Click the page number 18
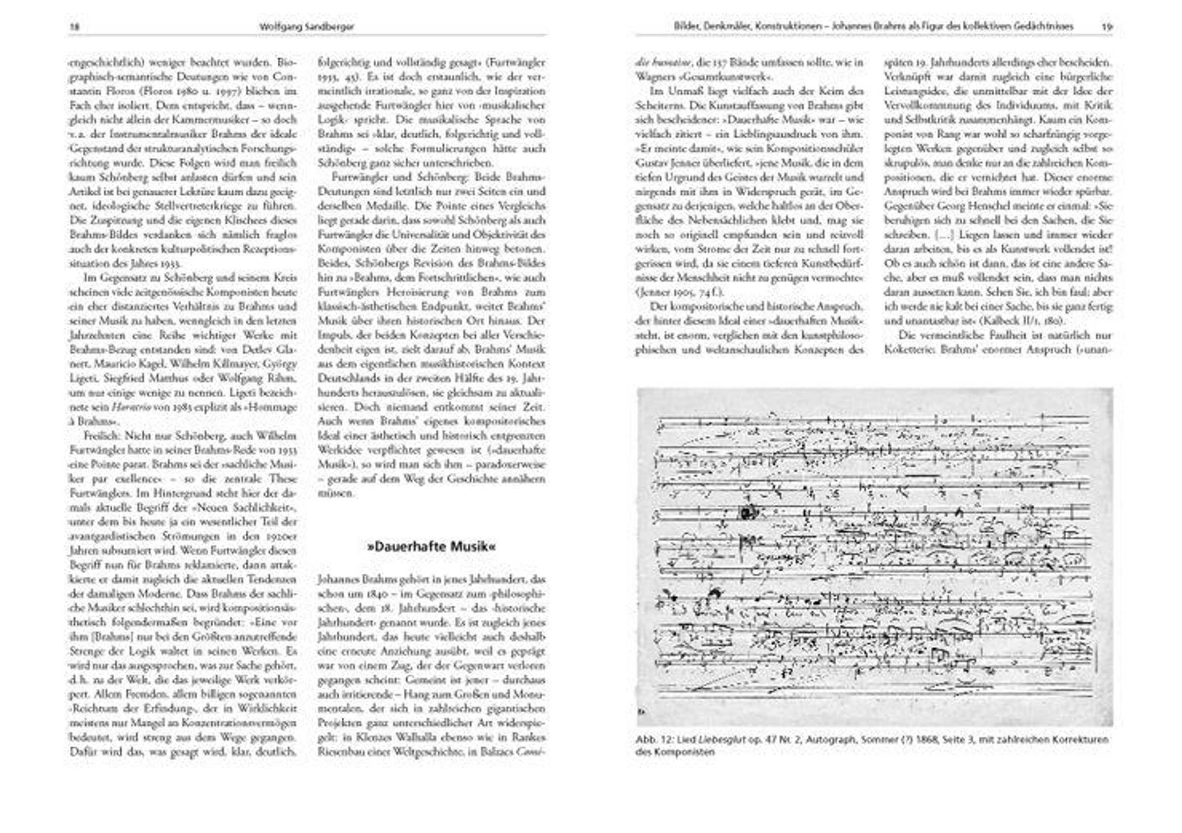point(74,27)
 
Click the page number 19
point(1107,27)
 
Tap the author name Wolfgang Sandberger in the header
point(307,27)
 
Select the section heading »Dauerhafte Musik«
point(431,547)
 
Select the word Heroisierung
point(395,292)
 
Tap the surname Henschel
point(979,206)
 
